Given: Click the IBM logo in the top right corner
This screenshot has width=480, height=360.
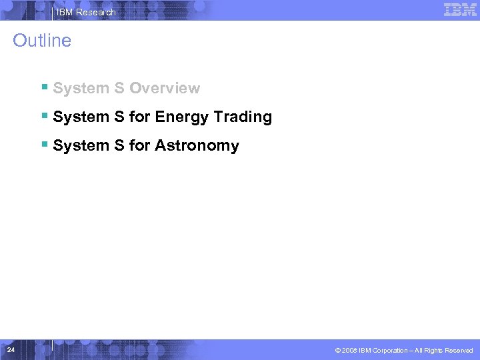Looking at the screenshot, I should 460,9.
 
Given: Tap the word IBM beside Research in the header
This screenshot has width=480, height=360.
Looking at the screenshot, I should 65,12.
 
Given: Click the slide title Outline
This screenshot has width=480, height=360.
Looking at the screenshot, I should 42,41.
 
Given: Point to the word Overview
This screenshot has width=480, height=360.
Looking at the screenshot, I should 165,89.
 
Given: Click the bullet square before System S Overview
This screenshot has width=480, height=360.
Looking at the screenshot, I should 44,87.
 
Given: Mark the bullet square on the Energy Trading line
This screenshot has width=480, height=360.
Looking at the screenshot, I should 44,116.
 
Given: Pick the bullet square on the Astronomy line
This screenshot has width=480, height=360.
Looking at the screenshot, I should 44,145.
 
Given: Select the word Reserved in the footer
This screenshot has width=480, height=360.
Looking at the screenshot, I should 459,351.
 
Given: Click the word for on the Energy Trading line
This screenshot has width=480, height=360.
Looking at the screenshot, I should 140,117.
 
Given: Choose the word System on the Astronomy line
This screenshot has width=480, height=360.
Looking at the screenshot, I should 81,146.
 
